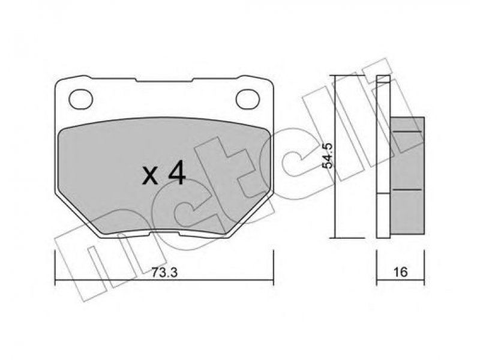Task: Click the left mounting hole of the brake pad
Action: pyautogui.click(x=81, y=99)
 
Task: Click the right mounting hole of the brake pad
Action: pyautogui.click(x=248, y=99)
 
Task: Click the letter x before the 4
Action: pyautogui.click(x=150, y=176)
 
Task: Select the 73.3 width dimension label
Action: pyautogui.click(x=164, y=272)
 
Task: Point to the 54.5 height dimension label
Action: pyautogui.click(x=328, y=155)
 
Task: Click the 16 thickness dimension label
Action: pyautogui.click(x=400, y=272)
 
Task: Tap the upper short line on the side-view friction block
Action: pyautogui.click(x=407, y=131)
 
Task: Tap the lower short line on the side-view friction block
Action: pyautogui.click(x=407, y=190)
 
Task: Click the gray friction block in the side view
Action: pyautogui.click(x=407, y=175)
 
